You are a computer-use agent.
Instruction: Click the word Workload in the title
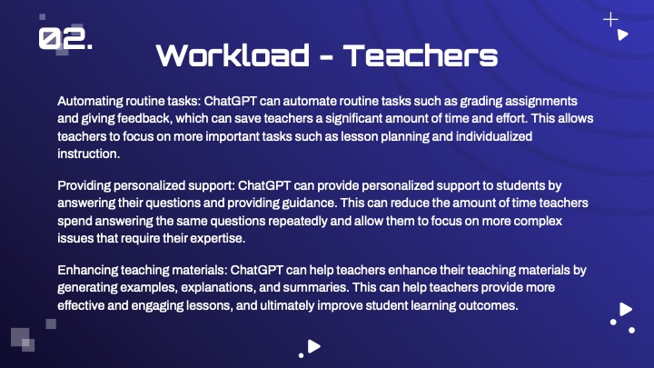click(x=233, y=55)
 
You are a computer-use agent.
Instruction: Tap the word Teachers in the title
click(x=421, y=55)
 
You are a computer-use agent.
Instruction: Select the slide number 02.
click(x=65, y=39)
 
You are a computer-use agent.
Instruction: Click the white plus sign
click(x=610, y=20)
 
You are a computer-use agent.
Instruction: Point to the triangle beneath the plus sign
click(x=622, y=35)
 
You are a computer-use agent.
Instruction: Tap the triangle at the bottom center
click(x=313, y=346)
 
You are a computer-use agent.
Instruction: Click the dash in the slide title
click(x=327, y=58)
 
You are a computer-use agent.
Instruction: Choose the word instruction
click(x=88, y=154)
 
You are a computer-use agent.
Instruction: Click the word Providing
click(x=84, y=185)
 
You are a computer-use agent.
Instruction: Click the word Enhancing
click(x=87, y=271)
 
